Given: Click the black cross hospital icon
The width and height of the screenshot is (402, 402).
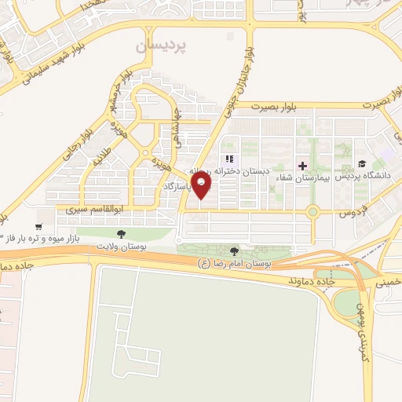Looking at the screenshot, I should pos(303,166).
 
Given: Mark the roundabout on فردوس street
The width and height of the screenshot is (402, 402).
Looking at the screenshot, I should pos(313,210).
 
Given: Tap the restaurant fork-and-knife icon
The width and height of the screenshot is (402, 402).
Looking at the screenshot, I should pos(228,159).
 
